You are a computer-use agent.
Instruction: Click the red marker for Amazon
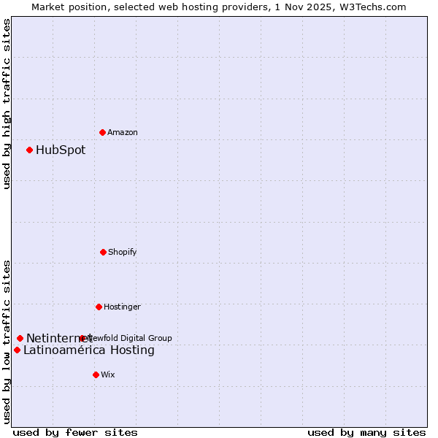tap(103, 132)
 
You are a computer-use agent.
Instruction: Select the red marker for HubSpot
tap(30, 150)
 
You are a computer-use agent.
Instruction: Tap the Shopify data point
tap(103, 252)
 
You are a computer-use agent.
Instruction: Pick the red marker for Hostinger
tap(99, 307)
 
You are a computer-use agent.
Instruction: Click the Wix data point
tap(96, 374)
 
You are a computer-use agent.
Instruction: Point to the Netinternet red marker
tap(20, 338)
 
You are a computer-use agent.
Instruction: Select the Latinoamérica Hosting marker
tap(17, 350)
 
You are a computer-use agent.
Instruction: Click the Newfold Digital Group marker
tap(82, 338)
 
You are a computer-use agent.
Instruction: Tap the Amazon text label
tap(123, 132)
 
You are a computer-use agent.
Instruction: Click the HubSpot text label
tap(61, 150)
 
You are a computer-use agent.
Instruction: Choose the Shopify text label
tap(123, 252)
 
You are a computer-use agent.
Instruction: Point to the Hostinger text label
tap(122, 307)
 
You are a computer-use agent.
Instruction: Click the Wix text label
tap(108, 374)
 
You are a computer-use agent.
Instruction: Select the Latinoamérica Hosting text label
tap(89, 350)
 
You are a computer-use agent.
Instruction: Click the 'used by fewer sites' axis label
tap(75, 432)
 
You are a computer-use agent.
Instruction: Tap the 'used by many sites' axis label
tap(366, 432)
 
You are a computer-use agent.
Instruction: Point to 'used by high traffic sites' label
tap(7, 103)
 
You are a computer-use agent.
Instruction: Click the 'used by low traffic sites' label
tap(7, 341)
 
